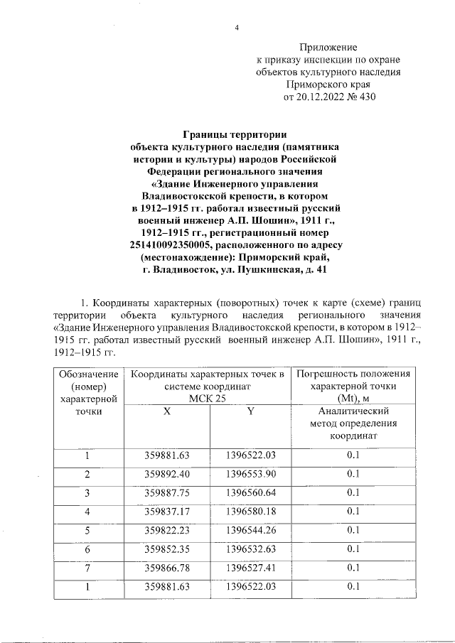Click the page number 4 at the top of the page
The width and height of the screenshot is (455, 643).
237,28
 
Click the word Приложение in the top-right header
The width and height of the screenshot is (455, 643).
328,46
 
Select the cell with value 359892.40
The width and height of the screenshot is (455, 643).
166,474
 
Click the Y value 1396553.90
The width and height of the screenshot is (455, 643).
250,474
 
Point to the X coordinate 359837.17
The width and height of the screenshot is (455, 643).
166,511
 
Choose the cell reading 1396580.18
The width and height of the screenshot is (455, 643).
250,511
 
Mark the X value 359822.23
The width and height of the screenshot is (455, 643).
166,529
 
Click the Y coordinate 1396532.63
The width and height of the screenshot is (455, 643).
250,549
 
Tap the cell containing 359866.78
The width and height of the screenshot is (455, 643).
166,567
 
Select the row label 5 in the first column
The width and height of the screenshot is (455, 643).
87,529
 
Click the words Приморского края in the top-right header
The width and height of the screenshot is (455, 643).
328,85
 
